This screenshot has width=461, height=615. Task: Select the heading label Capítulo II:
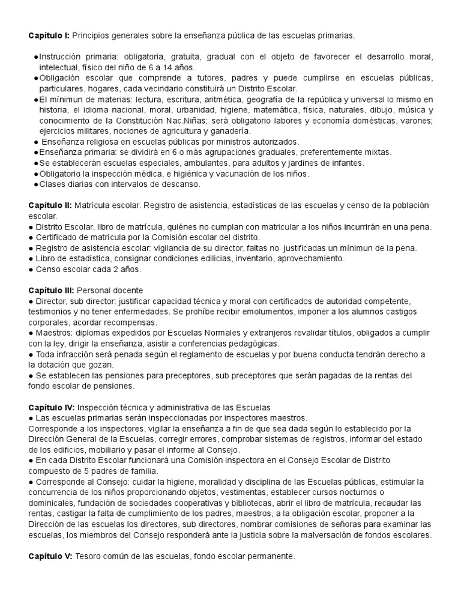(x=50, y=205)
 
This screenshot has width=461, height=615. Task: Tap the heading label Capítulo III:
(x=52, y=290)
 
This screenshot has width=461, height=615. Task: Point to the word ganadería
(x=232, y=131)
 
